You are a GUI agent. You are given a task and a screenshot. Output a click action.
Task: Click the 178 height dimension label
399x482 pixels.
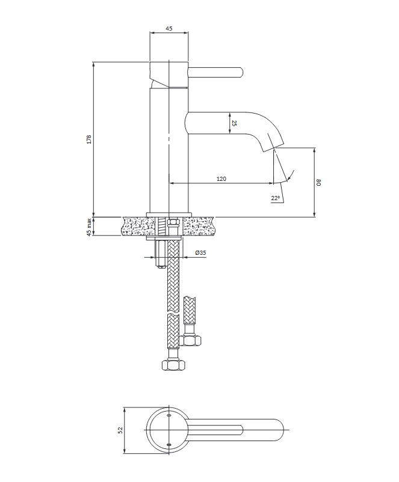(89, 139)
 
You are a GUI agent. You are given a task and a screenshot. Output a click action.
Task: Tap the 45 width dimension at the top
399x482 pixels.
(169, 29)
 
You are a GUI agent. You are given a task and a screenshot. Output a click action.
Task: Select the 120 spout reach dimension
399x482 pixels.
(221, 178)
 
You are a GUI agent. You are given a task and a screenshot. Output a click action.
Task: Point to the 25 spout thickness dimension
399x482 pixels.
(234, 123)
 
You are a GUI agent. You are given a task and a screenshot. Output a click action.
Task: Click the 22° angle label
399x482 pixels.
(276, 198)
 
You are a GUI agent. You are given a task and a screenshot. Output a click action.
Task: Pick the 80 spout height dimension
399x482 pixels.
(319, 182)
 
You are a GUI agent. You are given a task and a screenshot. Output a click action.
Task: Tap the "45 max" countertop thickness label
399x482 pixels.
(89, 227)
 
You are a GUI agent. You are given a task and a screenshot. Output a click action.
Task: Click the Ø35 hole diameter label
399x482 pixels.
(200, 252)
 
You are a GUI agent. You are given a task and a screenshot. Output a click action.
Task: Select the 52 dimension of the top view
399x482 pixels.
(120, 430)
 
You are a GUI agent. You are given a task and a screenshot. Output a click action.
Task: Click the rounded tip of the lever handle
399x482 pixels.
(241, 73)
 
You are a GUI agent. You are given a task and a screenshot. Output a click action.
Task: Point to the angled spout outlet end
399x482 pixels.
(273, 148)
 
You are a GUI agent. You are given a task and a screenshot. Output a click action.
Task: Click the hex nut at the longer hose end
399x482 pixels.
(173, 365)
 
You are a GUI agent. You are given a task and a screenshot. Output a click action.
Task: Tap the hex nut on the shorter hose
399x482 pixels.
(190, 340)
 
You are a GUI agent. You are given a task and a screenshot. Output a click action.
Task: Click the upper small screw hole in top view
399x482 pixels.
(168, 415)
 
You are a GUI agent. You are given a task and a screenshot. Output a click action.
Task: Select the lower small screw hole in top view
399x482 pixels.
(168, 444)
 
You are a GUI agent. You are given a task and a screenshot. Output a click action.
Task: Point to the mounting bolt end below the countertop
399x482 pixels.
(160, 266)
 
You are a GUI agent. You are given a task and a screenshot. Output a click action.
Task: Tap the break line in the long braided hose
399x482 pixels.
(173, 314)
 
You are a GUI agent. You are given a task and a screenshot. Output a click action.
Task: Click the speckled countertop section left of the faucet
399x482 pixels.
(136, 226)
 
